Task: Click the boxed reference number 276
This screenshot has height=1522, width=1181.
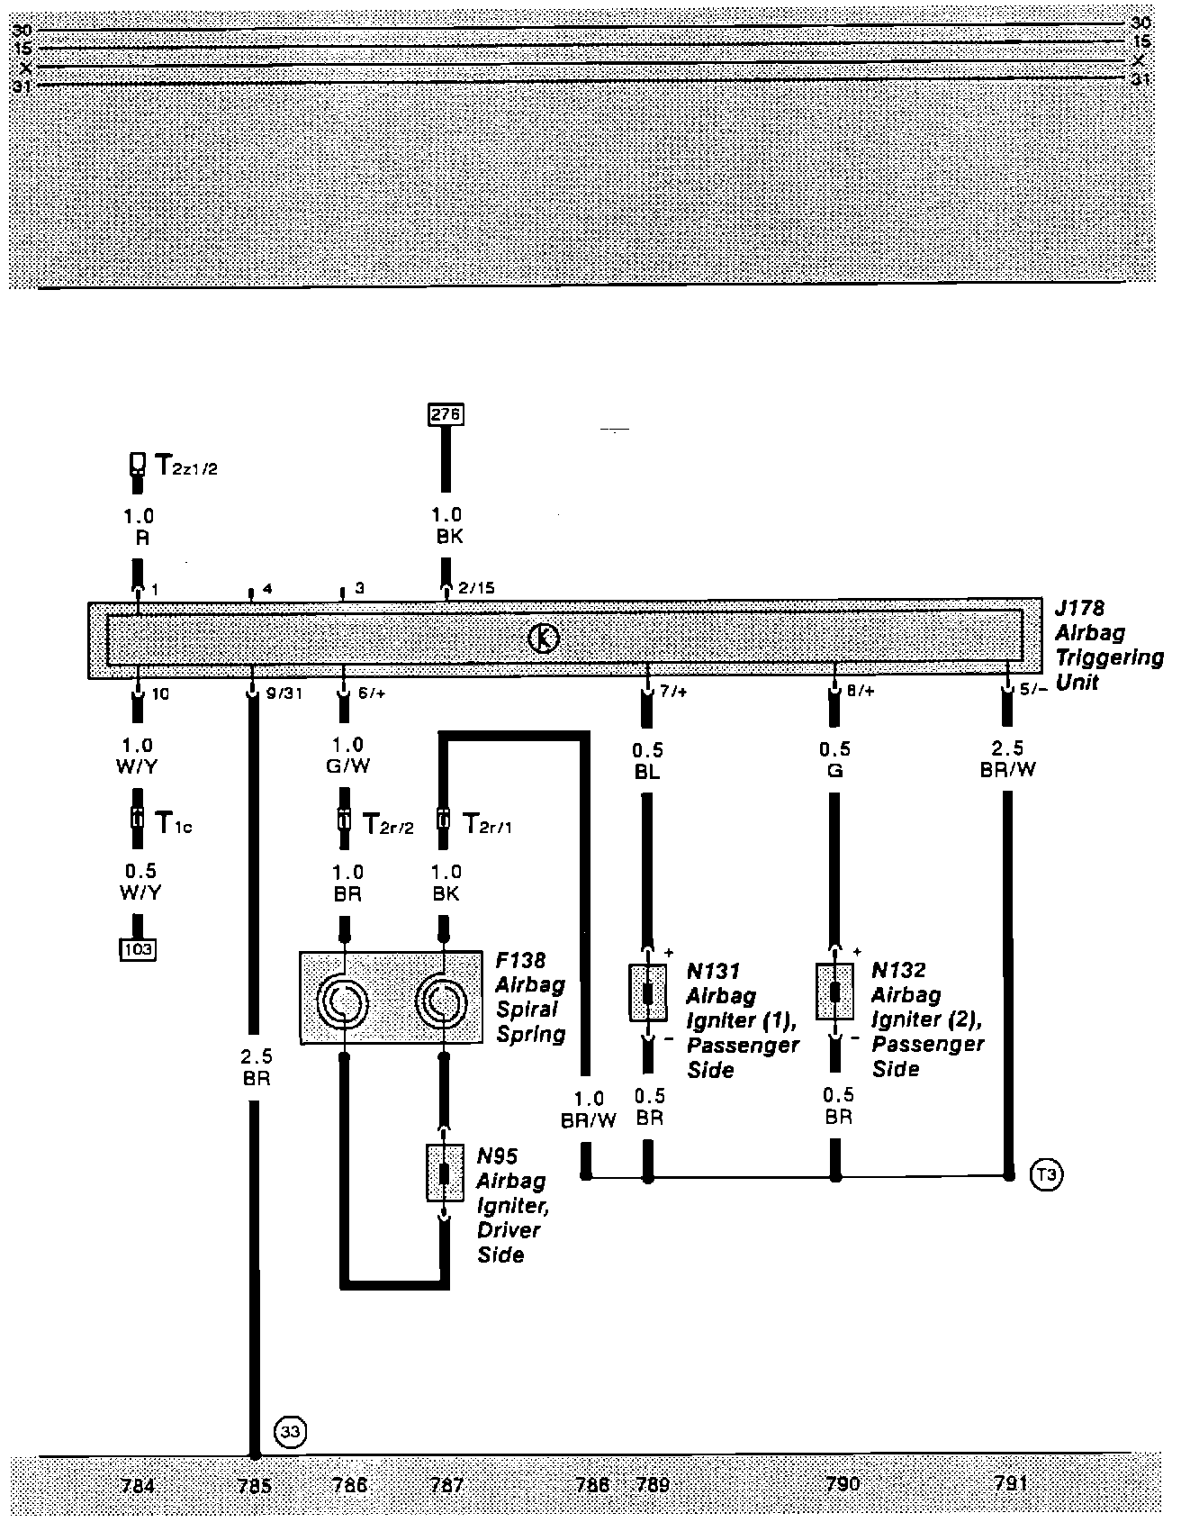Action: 446,414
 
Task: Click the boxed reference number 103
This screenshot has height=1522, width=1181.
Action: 138,948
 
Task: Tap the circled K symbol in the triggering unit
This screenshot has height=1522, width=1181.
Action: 543,639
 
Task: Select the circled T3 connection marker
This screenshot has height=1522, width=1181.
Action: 1045,1174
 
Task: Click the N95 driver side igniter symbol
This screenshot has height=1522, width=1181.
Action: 444,1173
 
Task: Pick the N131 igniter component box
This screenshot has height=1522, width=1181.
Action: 648,992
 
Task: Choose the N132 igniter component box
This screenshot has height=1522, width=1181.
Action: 835,992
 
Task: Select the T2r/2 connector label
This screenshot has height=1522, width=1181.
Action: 388,823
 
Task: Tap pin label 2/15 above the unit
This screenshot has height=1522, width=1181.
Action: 476,588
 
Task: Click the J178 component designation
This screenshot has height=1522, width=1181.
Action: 1081,609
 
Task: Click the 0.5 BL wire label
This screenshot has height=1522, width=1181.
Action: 648,760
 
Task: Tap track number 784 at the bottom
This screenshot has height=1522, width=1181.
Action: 137,1485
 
